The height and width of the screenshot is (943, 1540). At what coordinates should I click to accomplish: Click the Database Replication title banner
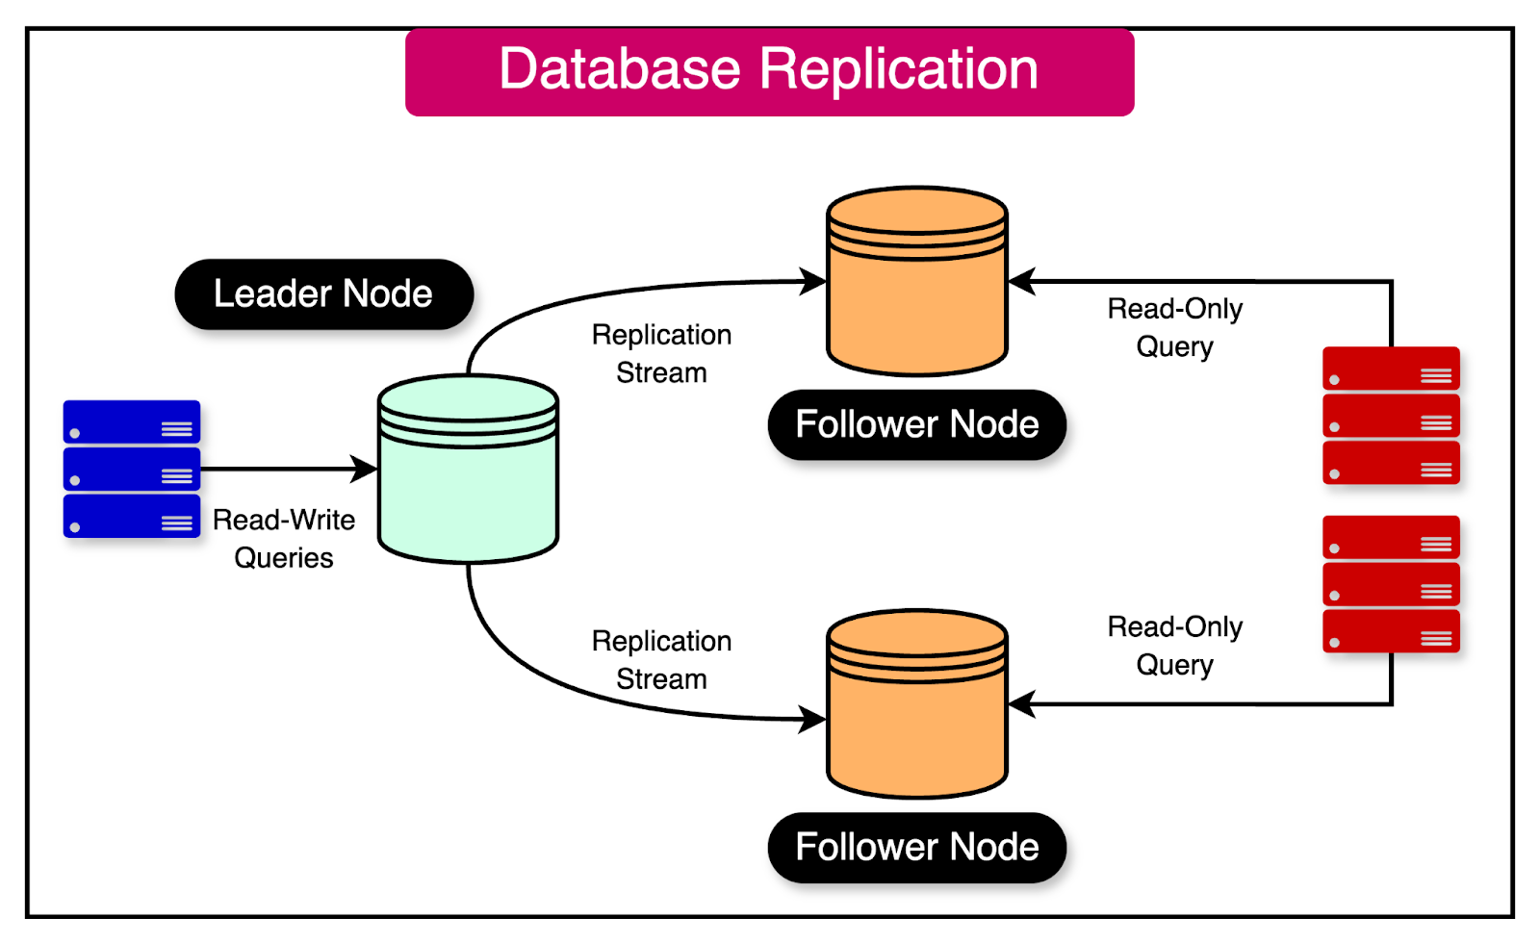point(769,72)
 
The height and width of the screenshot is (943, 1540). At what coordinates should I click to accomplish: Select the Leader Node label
point(323,294)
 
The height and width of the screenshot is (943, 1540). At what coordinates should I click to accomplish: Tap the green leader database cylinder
point(468,481)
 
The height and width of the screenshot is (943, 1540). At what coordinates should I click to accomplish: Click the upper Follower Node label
point(916,424)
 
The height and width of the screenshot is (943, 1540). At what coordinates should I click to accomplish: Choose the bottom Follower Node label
point(916,848)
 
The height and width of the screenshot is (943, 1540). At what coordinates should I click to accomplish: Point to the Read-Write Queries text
point(284,539)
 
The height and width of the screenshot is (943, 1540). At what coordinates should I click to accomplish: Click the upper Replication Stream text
point(661,353)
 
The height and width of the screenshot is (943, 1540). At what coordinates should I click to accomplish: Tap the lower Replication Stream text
point(661,660)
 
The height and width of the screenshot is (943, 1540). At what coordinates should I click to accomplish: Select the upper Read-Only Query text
point(1174,327)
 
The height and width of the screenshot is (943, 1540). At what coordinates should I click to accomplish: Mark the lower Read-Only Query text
point(1174,646)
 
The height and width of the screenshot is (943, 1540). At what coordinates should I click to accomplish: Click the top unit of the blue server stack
point(132,421)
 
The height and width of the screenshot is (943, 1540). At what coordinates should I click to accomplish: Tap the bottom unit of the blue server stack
point(132,516)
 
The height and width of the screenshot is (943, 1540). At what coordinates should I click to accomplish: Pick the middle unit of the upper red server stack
point(1391,416)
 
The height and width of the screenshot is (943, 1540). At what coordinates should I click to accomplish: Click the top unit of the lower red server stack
point(1391,537)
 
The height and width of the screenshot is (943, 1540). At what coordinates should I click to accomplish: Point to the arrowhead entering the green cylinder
point(365,470)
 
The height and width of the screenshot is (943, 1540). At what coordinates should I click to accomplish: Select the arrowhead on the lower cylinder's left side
point(812,719)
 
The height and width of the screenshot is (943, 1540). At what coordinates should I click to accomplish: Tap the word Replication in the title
point(899,69)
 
